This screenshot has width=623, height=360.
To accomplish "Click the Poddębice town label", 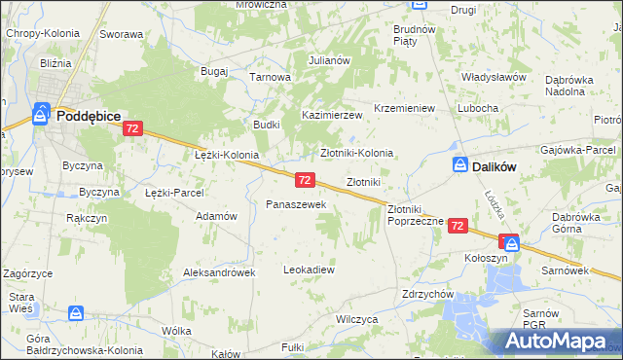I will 89,115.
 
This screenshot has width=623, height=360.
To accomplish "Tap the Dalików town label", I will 493,166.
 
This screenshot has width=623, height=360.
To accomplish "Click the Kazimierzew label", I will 331,115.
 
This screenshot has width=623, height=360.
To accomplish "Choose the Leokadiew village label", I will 309,270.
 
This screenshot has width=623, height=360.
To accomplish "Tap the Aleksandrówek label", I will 219,273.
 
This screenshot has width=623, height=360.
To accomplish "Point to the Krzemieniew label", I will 404,108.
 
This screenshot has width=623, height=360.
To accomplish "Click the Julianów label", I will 329,60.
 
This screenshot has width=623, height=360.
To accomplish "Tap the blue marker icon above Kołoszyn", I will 511,243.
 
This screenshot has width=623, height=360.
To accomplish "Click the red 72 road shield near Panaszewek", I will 305,180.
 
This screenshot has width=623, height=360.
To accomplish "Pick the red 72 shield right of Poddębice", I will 134,128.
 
